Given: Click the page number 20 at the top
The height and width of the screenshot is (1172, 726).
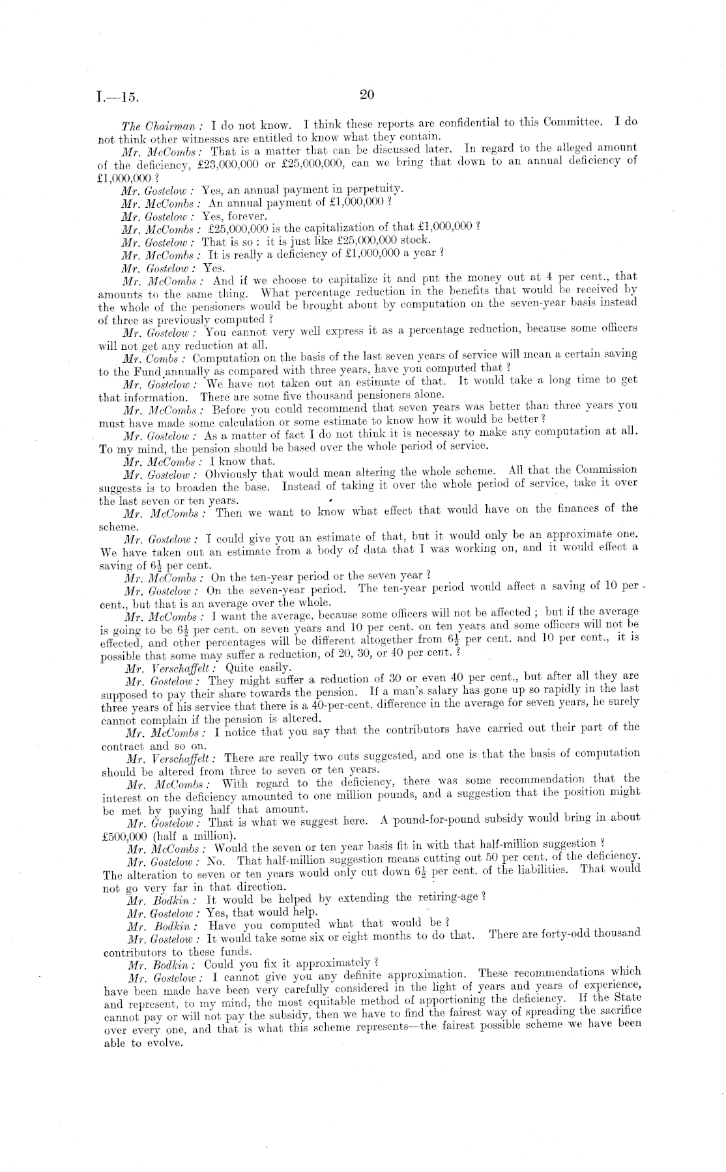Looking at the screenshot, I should click(366, 95).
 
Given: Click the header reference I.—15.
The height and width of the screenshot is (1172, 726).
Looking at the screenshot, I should click(117, 98).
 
